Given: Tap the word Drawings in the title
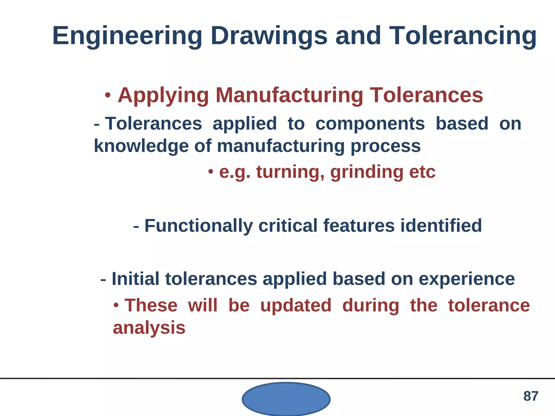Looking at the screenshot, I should tap(269, 36).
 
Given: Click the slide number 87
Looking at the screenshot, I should tap(531, 396).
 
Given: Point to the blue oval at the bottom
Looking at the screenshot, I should tap(286, 399).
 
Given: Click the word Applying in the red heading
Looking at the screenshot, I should tap(163, 96).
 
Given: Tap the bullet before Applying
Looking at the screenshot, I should tap(108, 95).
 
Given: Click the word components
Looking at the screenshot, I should tap(370, 124).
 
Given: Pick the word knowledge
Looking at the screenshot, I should tap(141, 146).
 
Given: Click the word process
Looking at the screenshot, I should tap(385, 146).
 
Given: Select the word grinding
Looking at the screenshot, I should tap(367, 172).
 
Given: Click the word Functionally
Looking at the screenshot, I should tap(199, 226).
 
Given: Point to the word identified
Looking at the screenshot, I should tap(441, 226).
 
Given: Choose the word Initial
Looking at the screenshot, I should tap(135, 279).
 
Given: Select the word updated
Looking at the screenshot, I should tap(296, 306).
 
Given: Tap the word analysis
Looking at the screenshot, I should tap(149, 328).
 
